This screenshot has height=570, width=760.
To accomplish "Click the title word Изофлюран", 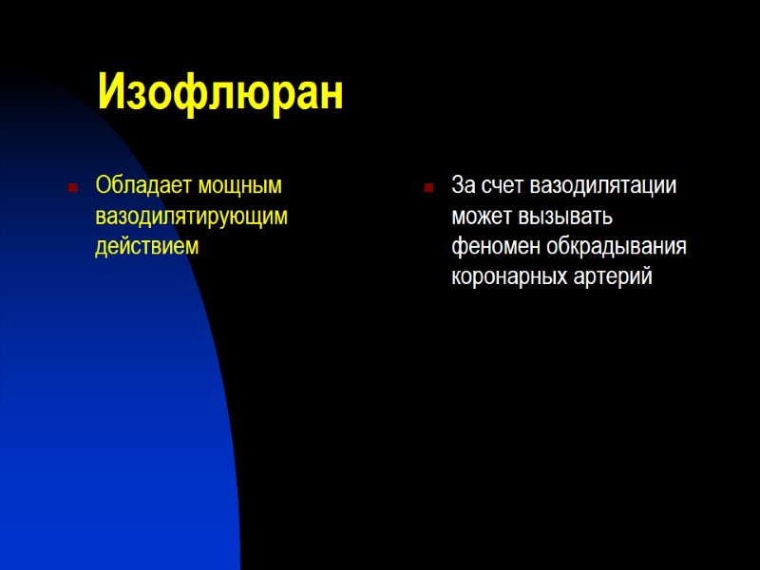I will click(219, 93).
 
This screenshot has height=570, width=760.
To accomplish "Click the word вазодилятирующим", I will click(191, 216).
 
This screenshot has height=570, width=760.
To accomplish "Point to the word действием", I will click(147, 246).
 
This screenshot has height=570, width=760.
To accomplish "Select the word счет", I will click(504, 184).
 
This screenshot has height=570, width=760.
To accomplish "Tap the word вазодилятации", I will click(604, 184).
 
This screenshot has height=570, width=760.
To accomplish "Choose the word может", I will click(484, 216).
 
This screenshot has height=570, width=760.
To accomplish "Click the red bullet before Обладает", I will click(71, 187).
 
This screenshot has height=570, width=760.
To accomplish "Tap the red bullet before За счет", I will click(428, 187).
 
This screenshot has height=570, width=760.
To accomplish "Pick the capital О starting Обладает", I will click(103, 184).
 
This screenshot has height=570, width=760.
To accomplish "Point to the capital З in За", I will click(458, 184).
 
